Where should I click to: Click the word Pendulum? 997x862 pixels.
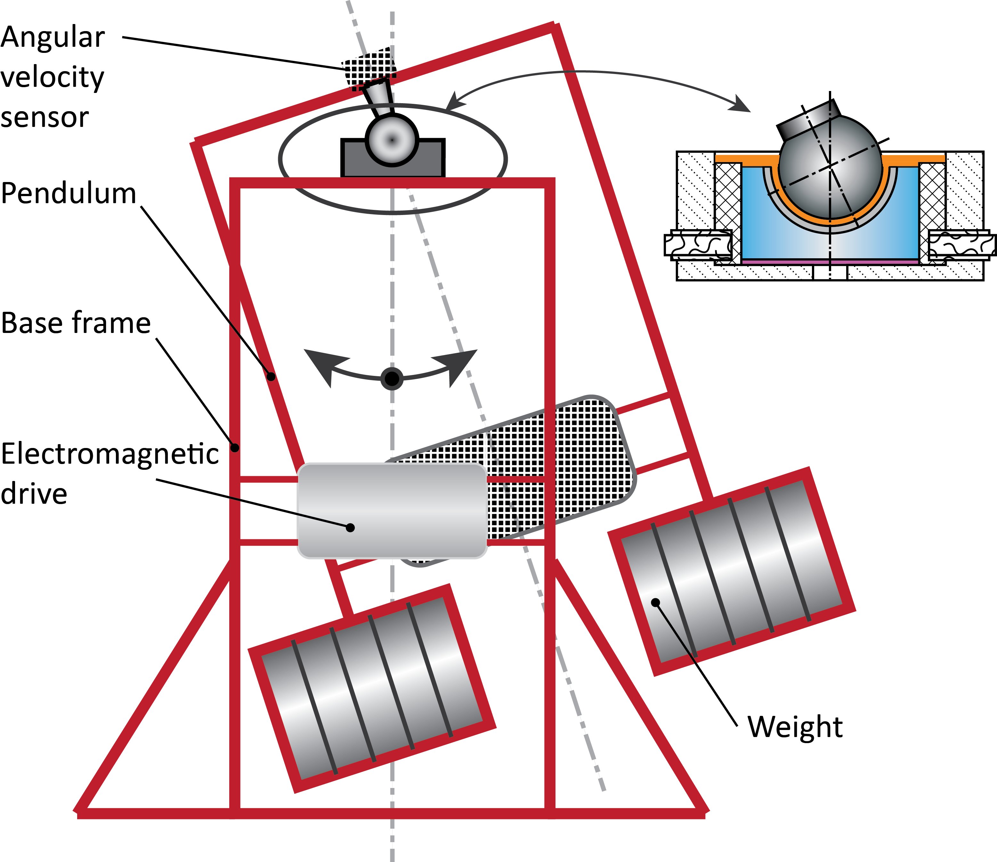68,194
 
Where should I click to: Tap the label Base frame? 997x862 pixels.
76,323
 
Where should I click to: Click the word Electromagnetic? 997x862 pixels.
110,454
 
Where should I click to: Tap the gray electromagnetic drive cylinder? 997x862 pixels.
392,510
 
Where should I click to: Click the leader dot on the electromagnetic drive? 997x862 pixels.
350,528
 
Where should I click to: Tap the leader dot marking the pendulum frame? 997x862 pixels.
272,377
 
